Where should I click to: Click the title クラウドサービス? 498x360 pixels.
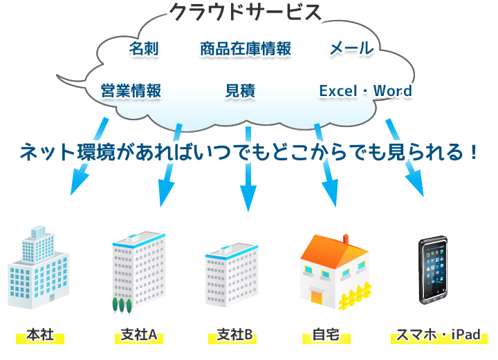245,12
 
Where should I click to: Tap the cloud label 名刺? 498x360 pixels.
144,49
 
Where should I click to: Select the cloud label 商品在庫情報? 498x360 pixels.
246,49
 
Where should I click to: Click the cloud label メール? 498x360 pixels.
352,48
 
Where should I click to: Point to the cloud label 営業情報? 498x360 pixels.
131,91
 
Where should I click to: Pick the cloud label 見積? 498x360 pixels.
240,91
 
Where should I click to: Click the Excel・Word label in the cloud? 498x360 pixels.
366,91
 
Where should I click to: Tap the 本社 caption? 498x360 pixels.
40,335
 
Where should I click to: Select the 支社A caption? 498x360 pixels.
139,335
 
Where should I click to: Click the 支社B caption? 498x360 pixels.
234,335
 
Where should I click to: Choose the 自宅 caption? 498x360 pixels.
326,335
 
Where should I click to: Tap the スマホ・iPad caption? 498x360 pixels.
439,335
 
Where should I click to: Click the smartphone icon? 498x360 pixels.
433,270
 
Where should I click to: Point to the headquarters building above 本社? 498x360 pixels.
38,267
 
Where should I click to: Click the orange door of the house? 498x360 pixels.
316,297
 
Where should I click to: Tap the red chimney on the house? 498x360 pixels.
346,239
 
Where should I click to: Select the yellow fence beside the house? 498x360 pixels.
355,296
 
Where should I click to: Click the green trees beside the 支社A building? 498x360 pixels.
122,305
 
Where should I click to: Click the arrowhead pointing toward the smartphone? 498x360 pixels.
416,183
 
